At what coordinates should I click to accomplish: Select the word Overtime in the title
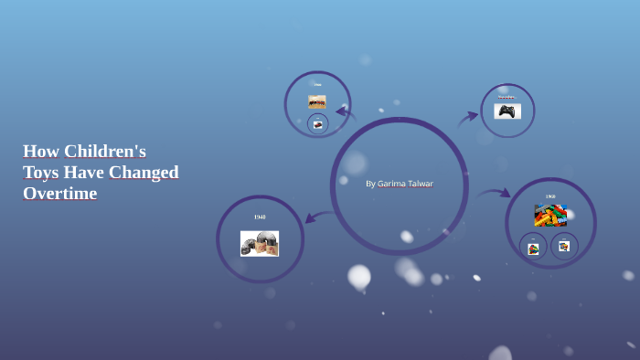point(59,194)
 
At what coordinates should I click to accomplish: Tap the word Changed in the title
point(145,172)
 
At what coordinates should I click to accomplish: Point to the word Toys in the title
point(40,172)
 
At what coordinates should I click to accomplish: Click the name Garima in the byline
point(391,184)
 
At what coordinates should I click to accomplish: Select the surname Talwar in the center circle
point(421,184)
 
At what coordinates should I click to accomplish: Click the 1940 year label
point(260,217)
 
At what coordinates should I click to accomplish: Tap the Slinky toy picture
point(260,243)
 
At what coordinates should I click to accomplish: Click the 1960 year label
point(550,196)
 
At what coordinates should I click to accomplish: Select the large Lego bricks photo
point(550,216)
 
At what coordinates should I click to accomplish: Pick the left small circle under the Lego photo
point(533,247)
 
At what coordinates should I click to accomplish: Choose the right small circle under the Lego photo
point(564,246)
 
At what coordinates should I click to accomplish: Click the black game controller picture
point(507,111)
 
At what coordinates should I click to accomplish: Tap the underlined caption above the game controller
point(507,97)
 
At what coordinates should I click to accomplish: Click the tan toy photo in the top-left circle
point(317,101)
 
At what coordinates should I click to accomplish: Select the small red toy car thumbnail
point(317,123)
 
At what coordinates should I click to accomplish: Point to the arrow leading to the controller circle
point(467,119)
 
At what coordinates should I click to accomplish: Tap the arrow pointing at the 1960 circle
point(494,193)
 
